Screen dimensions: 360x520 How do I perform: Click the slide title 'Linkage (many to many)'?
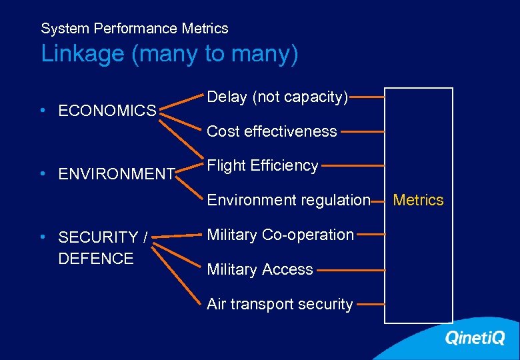pyautogui.click(x=169, y=54)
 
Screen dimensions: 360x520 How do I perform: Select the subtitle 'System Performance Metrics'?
pyautogui.click(x=134, y=29)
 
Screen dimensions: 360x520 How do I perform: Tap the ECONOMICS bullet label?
pyautogui.click(x=107, y=111)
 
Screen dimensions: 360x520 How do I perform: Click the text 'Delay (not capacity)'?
pyautogui.click(x=277, y=97)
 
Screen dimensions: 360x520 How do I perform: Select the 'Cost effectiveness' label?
pyautogui.click(x=272, y=131)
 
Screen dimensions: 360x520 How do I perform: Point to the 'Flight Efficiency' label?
pyautogui.click(x=263, y=165)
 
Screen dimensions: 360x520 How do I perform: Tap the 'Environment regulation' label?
pyautogui.click(x=289, y=200)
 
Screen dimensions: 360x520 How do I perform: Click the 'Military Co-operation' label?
pyautogui.click(x=280, y=235)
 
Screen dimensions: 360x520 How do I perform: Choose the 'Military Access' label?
pyautogui.click(x=260, y=269)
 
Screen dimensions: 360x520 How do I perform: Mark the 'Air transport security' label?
pyautogui.click(x=279, y=304)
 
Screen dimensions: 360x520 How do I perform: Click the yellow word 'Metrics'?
pyautogui.click(x=418, y=200)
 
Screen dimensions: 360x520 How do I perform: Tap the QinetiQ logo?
pyautogui.click(x=475, y=339)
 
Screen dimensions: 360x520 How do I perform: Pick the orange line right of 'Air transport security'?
pyautogui.click(x=370, y=303)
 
